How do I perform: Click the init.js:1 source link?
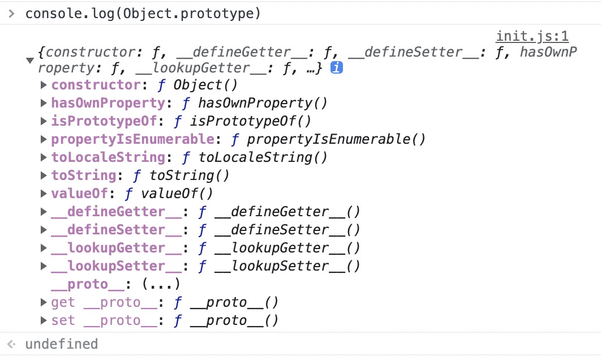point(532,37)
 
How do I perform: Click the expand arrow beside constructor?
point(44,85)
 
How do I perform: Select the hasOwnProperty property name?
point(108,103)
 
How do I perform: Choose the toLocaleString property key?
point(108,157)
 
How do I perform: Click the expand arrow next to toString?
point(44,175)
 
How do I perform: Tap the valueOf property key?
point(79,194)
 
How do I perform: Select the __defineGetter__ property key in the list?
point(116,212)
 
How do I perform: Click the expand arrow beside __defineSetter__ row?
point(44,230)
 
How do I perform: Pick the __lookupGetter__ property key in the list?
point(116,248)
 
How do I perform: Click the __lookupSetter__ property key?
point(116,266)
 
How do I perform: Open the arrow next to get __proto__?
point(44,302)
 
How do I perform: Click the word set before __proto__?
point(63,320)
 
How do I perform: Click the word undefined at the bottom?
point(61,344)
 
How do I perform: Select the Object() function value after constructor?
point(205,85)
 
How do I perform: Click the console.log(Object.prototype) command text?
point(143,13)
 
